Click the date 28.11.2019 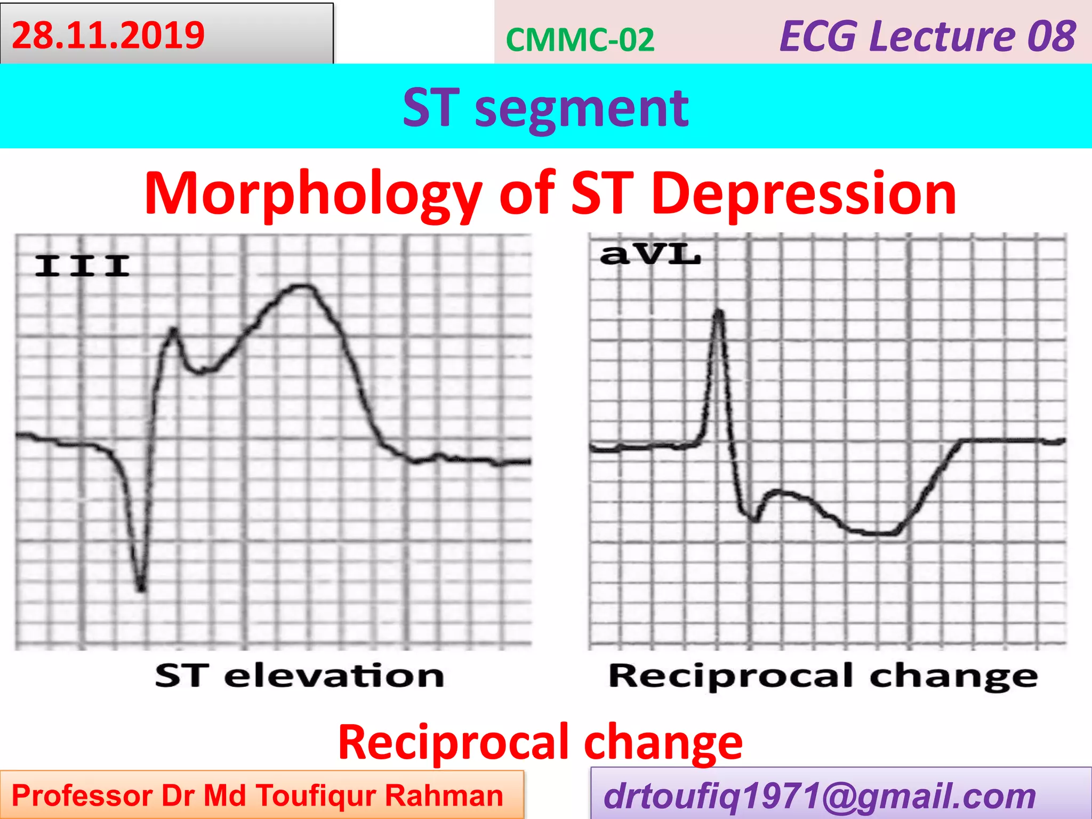point(108,35)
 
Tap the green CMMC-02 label point(580,40)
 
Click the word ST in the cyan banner point(431,108)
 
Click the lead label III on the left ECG point(82,266)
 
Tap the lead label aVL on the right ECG point(649,254)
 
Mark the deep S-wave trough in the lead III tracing point(141,588)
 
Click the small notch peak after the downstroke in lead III point(173,331)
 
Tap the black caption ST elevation point(300,676)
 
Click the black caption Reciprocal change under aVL point(823,677)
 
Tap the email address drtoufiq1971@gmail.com point(819,796)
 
